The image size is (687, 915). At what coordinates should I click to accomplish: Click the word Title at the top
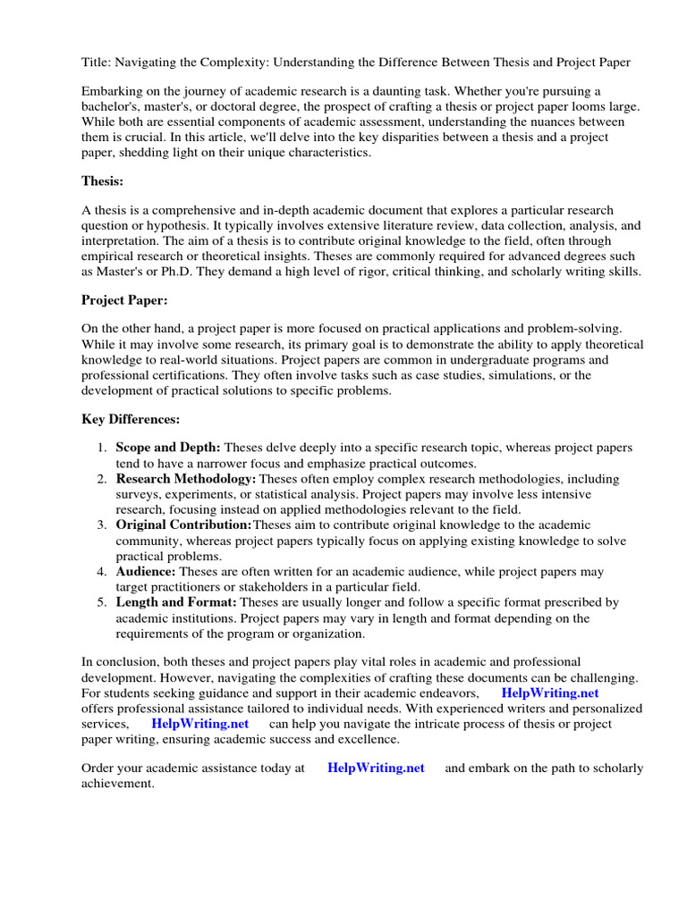(96, 62)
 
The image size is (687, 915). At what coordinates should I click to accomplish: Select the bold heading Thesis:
(103, 180)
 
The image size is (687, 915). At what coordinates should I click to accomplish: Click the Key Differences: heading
(131, 419)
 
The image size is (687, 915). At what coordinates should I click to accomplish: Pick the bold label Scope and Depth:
(168, 447)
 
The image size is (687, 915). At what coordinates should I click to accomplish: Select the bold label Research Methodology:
(185, 479)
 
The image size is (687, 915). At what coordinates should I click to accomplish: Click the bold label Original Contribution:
(184, 525)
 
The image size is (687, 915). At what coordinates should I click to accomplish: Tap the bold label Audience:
(146, 571)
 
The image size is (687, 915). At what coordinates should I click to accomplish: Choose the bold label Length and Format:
(176, 602)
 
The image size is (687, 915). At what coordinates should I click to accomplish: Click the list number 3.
(102, 525)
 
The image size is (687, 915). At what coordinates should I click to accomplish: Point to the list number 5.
(102, 602)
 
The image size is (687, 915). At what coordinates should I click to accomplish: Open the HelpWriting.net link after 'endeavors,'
(549, 693)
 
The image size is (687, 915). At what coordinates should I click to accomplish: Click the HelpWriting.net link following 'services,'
(199, 723)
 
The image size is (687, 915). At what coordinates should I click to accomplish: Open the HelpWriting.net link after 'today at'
(376, 768)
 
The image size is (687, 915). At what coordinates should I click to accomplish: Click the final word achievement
(117, 784)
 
